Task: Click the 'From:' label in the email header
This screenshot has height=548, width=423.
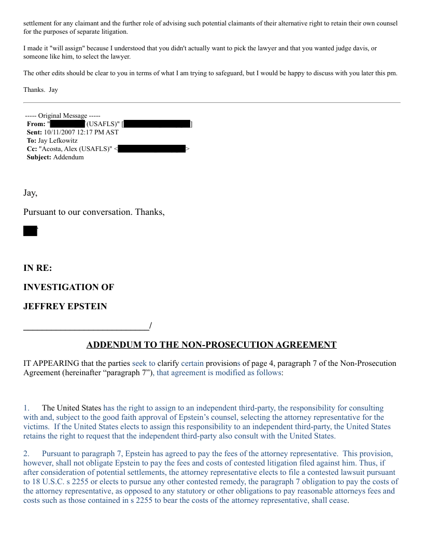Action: pos(36,124)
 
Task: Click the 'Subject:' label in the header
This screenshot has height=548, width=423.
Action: pos(39,157)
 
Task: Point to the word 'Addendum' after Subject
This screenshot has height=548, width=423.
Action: pos(68,157)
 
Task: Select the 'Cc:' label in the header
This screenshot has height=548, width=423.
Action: pos(32,149)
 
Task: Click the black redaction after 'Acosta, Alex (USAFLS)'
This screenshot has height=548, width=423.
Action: pos(151,149)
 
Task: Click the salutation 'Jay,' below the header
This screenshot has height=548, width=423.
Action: pos(30,193)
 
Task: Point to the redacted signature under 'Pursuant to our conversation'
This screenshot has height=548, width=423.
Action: pos(30,231)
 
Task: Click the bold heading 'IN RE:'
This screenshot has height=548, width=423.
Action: pos(37,268)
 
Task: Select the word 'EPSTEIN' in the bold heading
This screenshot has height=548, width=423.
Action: pos(87,306)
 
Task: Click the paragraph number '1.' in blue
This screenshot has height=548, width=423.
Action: pos(26,408)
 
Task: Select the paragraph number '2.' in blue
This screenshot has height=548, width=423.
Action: pos(26,454)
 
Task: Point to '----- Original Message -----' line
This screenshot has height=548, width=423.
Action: pos(63,116)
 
